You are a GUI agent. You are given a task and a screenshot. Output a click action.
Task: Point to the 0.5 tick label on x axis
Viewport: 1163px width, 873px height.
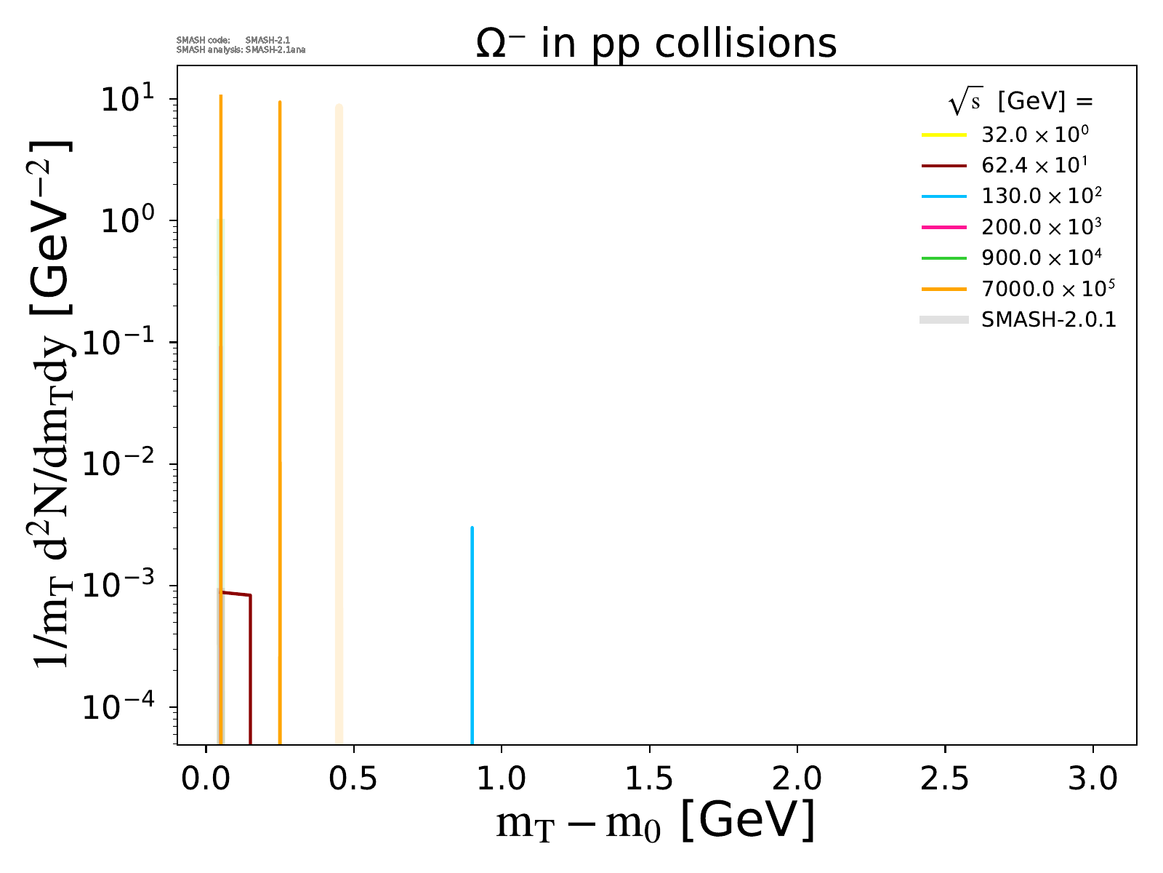353,778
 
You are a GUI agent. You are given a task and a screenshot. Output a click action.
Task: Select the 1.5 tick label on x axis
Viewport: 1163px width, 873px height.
649,778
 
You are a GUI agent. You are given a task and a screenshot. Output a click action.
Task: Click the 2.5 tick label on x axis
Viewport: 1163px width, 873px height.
945,778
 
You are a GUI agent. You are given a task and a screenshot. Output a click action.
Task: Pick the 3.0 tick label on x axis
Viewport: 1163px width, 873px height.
1092,778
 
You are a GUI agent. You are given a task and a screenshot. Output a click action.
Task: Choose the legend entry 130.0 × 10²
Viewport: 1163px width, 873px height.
1041,196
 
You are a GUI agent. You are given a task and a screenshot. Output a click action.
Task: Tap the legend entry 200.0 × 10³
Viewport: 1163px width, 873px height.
1041,227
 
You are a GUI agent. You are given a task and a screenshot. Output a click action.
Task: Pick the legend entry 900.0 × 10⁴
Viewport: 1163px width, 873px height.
1041,258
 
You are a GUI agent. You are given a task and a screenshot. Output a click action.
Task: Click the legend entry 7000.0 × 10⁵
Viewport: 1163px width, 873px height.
1047,289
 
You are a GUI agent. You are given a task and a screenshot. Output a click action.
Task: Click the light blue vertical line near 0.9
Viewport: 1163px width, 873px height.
472,633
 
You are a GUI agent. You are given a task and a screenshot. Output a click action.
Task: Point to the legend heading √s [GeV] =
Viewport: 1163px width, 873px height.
1021,103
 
